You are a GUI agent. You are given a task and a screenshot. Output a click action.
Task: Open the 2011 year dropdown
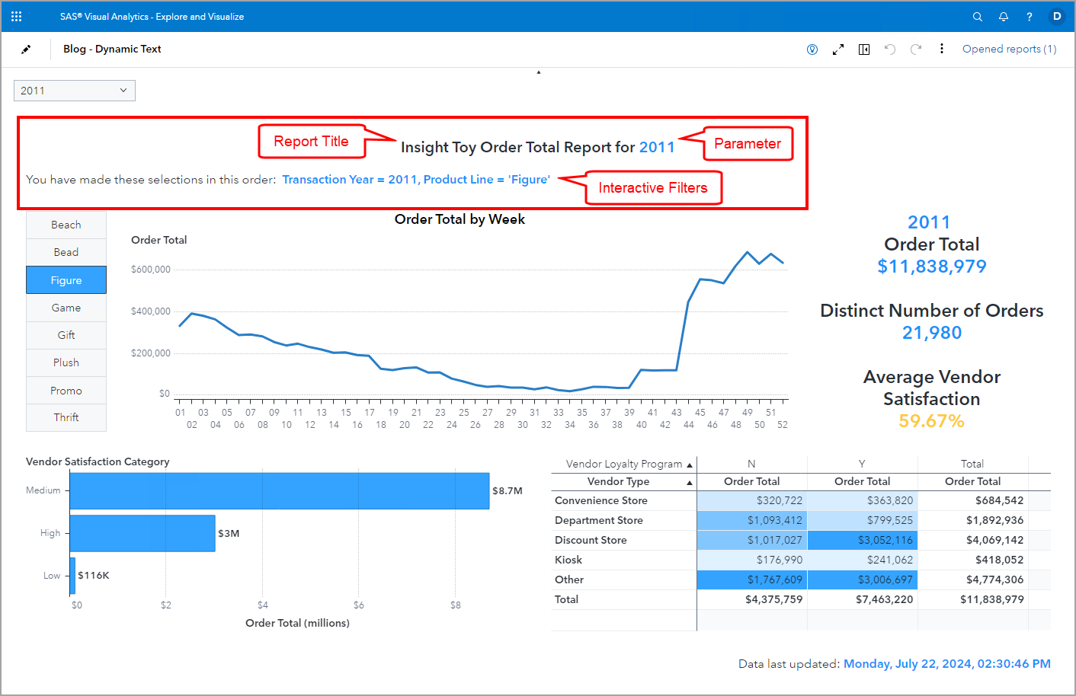point(74,91)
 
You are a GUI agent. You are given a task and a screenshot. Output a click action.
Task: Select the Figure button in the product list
point(66,280)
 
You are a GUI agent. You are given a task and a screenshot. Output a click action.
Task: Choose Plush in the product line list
point(66,362)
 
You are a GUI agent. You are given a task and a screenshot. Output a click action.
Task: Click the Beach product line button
point(66,225)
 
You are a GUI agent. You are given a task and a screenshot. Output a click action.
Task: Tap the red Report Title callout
point(312,142)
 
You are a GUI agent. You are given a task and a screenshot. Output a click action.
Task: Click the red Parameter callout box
point(748,144)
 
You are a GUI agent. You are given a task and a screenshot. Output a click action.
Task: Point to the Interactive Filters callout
point(653,188)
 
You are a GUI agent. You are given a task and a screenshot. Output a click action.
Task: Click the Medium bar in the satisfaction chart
point(279,490)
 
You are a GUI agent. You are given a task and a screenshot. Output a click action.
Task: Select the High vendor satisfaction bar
point(143,533)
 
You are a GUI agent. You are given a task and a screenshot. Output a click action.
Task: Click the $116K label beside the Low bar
point(94,576)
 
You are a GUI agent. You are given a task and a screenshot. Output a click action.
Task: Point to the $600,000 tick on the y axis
point(151,270)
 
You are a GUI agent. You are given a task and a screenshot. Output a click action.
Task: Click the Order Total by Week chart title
point(460,219)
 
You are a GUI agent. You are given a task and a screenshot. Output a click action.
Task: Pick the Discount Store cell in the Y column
point(862,540)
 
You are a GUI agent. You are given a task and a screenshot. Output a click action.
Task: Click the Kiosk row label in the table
point(568,560)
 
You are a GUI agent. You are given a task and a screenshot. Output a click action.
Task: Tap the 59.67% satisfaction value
point(931,421)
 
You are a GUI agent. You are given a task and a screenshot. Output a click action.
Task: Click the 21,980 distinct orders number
point(931,333)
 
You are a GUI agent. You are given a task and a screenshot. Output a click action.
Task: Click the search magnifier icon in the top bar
point(978,17)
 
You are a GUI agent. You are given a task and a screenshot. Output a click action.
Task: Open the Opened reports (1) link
point(1009,49)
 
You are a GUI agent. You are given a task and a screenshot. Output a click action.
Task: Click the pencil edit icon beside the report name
point(26,49)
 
